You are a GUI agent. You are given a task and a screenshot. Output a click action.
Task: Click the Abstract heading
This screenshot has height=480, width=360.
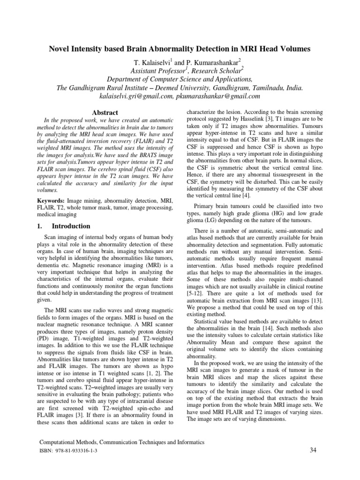point(105,113)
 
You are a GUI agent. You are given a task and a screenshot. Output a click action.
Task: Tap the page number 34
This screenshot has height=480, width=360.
point(314,450)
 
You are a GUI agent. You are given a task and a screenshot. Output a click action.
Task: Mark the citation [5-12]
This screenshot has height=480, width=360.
point(196,292)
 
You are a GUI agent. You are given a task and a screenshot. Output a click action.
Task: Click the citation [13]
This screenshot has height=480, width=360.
point(313,300)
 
